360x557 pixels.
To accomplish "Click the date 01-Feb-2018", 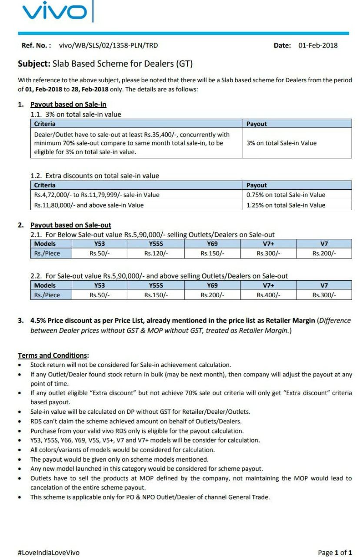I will click(x=318, y=45).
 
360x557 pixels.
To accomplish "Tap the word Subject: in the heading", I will click(x=34, y=64).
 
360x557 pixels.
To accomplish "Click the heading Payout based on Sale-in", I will click(x=68, y=104).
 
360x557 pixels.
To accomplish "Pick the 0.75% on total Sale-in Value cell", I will click(x=286, y=195).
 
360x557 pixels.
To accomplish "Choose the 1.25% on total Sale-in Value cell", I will click(x=286, y=205).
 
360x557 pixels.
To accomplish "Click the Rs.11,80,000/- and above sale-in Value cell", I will click(x=89, y=205).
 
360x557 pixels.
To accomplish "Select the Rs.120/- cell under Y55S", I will click(x=156, y=254).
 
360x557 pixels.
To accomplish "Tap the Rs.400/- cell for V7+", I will click(x=268, y=295).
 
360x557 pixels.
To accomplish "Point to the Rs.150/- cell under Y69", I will click(x=212, y=254).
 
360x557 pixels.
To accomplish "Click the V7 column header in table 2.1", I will click(x=324, y=244).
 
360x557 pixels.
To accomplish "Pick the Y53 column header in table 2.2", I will click(x=100, y=285).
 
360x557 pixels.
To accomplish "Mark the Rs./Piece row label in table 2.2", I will click(x=47, y=295).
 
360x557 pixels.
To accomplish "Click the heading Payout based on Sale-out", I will click(x=71, y=225).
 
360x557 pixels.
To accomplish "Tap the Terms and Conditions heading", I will click(x=53, y=355).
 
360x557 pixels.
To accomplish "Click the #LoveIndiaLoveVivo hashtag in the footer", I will click(x=48, y=553).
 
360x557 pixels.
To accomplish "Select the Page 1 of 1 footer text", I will click(x=335, y=553).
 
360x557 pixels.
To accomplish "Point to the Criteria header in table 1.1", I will click(x=45, y=124).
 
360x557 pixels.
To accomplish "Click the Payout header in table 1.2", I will click(x=257, y=185).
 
